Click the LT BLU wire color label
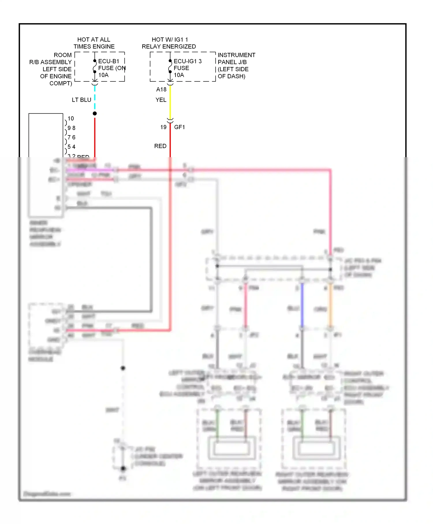click(x=81, y=100)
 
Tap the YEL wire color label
click(x=161, y=100)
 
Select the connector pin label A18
click(x=161, y=90)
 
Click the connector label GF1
click(x=180, y=127)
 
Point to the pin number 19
click(x=163, y=127)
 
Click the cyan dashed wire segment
click(x=95, y=98)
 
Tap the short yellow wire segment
click(x=170, y=101)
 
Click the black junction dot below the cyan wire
click(x=95, y=114)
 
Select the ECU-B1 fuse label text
click(x=109, y=61)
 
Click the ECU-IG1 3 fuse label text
click(x=187, y=61)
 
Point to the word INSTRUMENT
click(x=236, y=55)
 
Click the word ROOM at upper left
click(x=63, y=55)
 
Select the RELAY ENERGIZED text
click(x=169, y=47)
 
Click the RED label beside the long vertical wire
click(x=160, y=146)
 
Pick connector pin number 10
click(x=71, y=118)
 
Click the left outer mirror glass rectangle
click(x=231, y=448)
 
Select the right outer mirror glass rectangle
click(x=316, y=448)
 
